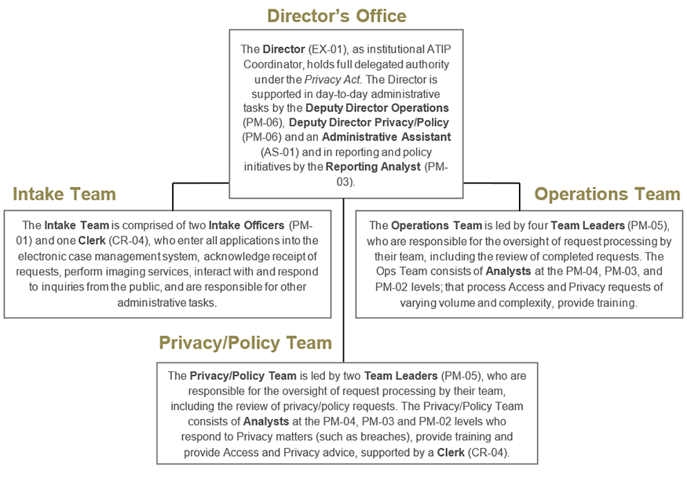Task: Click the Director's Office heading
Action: coord(336,16)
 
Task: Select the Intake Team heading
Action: coord(64,194)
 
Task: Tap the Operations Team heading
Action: coord(607,194)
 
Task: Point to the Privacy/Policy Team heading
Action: coord(245,343)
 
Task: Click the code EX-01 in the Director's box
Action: coord(324,49)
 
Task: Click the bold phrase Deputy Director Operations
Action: coord(377,108)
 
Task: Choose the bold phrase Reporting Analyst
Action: coord(372,166)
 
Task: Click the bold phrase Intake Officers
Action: coord(249,225)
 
